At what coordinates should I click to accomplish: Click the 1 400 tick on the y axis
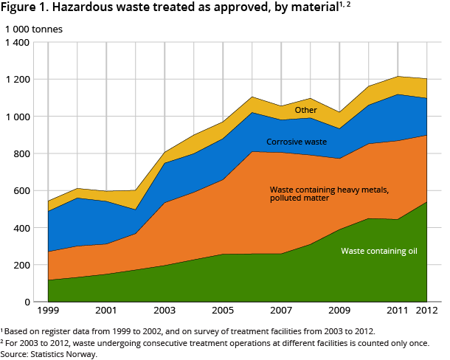click(18, 43)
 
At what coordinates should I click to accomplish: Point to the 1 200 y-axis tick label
click(18, 80)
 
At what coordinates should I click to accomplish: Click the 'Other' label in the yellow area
click(305, 111)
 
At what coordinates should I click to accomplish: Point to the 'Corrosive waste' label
click(295, 142)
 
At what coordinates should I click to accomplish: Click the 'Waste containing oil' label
click(379, 251)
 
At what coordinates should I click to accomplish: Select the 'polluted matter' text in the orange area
click(300, 198)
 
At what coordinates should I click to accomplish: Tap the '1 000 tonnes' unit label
click(35, 30)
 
